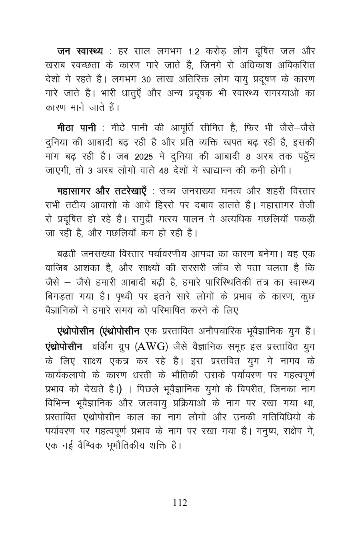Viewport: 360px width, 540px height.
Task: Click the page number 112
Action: tap(180, 503)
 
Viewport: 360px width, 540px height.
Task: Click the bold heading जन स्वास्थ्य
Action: tap(80, 51)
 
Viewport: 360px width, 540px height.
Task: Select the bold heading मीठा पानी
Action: tap(77, 128)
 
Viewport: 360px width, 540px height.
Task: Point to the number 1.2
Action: tap(193, 52)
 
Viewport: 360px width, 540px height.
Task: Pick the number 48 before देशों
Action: tap(164, 170)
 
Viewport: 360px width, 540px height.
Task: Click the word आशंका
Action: tap(94, 268)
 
